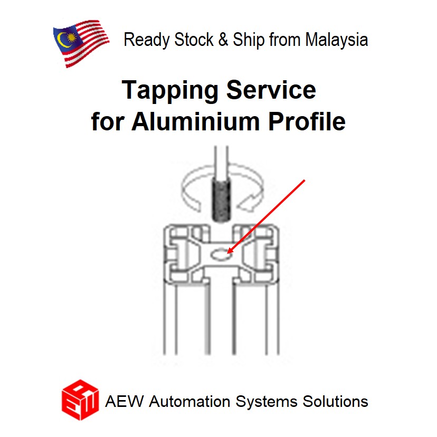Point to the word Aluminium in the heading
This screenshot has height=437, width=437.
[196, 121]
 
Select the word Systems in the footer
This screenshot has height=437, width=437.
[267, 402]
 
